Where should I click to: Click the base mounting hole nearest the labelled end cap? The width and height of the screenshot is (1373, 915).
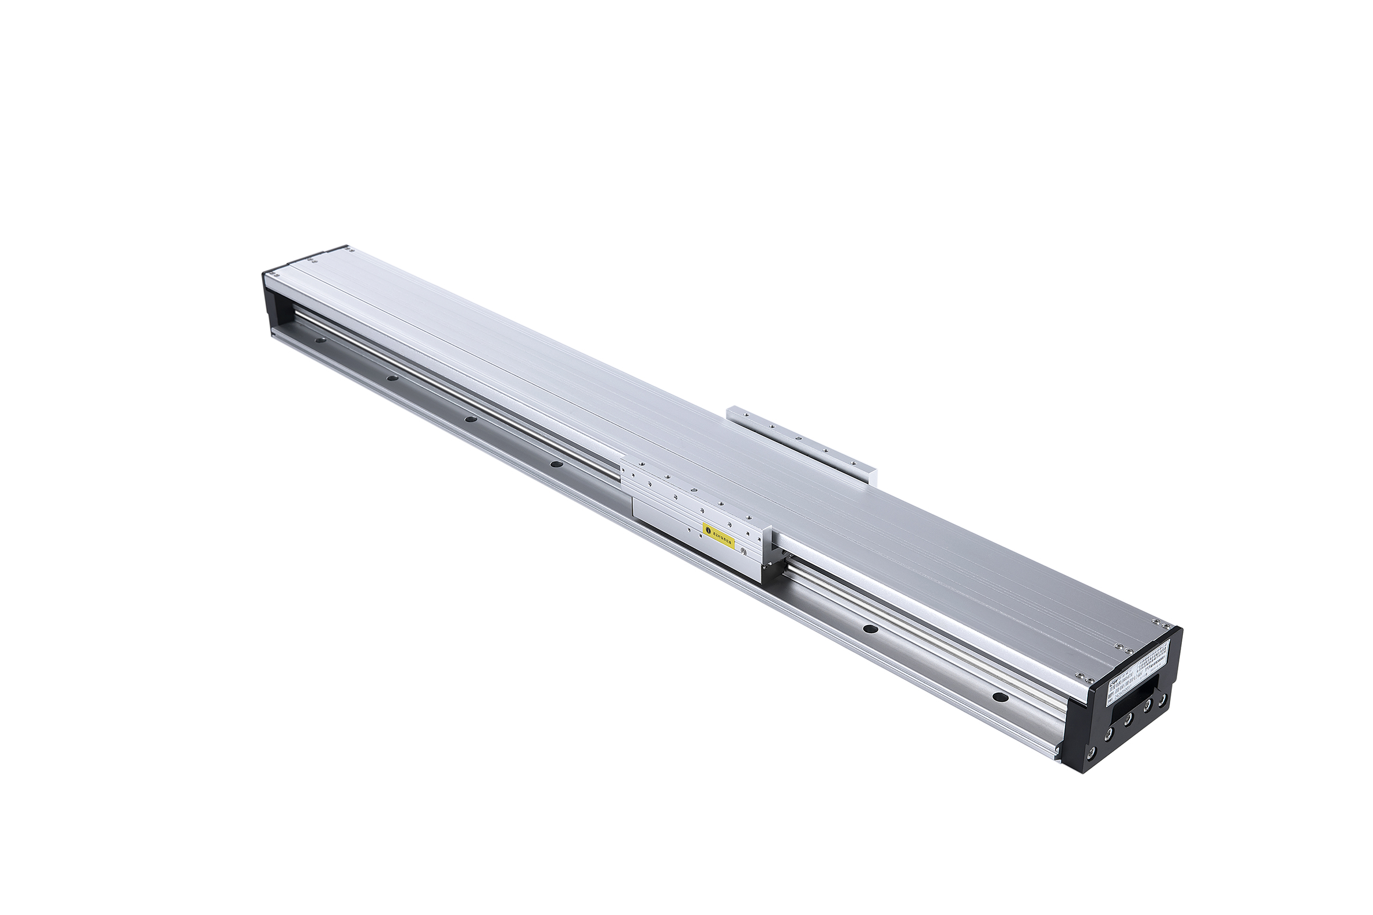1000,697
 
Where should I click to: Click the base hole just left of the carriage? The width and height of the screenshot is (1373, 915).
557,465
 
